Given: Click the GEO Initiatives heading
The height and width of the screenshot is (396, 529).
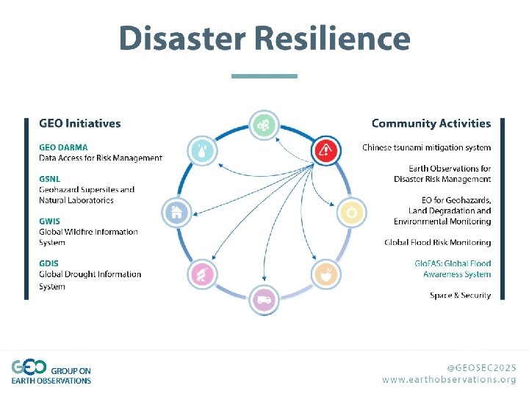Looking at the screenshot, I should click(x=80, y=123).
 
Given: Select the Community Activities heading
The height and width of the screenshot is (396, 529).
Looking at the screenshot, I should click(x=431, y=123).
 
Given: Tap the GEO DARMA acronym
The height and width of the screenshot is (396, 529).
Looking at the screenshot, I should click(x=63, y=147).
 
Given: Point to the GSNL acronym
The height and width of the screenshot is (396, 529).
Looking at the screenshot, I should click(x=49, y=178).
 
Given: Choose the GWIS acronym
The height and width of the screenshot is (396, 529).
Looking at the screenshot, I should click(x=49, y=221).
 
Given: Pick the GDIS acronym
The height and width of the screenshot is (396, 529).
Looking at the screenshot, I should click(x=49, y=263).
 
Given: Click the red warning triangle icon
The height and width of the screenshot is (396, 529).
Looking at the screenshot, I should click(x=326, y=151).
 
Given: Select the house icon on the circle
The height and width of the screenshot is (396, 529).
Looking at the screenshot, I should click(x=177, y=213).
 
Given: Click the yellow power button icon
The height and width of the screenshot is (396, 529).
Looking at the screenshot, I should click(x=351, y=213).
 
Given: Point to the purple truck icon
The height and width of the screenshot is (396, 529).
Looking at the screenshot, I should click(x=264, y=298).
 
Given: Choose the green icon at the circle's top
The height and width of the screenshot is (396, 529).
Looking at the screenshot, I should click(x=264, y=125).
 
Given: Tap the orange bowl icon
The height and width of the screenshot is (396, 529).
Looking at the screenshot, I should click(x=326, y=275).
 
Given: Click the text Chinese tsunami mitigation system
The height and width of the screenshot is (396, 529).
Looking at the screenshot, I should click(x=426, y=147).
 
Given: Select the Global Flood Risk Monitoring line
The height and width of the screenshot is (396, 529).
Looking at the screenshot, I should click(x=437, y=242).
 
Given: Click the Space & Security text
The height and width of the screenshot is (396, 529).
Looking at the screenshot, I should click(x=460, y=295).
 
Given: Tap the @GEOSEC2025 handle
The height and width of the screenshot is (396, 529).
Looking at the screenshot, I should click(x=481, y=367).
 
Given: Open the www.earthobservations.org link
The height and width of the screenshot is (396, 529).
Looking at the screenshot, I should click(x=449, y=379).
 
